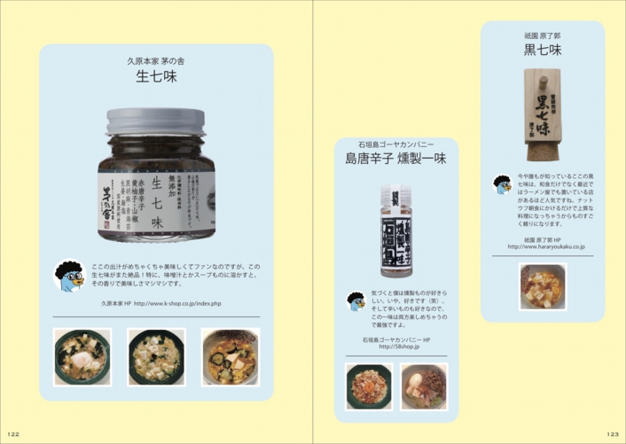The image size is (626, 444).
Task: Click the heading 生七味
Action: pyautogui.click(x=156, y=77)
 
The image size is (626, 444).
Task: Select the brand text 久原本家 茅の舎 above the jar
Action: pyautogui.click(x=156, y=61)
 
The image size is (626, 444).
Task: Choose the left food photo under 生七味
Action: pyautogui.click(x=82, y=356)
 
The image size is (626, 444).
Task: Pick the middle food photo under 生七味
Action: pyautogui.click(x=156, y=356)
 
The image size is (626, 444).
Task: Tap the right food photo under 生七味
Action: pyautogui.click(x=231, y=356)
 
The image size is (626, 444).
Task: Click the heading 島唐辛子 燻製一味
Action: pyautogui.click(x=395, y=160)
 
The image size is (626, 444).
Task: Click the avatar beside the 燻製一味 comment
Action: pyautogui.click(x=356, y=301)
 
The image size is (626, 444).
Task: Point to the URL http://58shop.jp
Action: pyautogui.click(x=397, y=347)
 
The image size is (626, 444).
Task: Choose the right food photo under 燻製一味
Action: pyautogui.click(x=423, y=386)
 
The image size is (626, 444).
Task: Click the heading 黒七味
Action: pyautogui.click(x=542, y=50)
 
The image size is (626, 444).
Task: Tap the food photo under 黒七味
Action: pyautogui.click(x=543, y=285)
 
